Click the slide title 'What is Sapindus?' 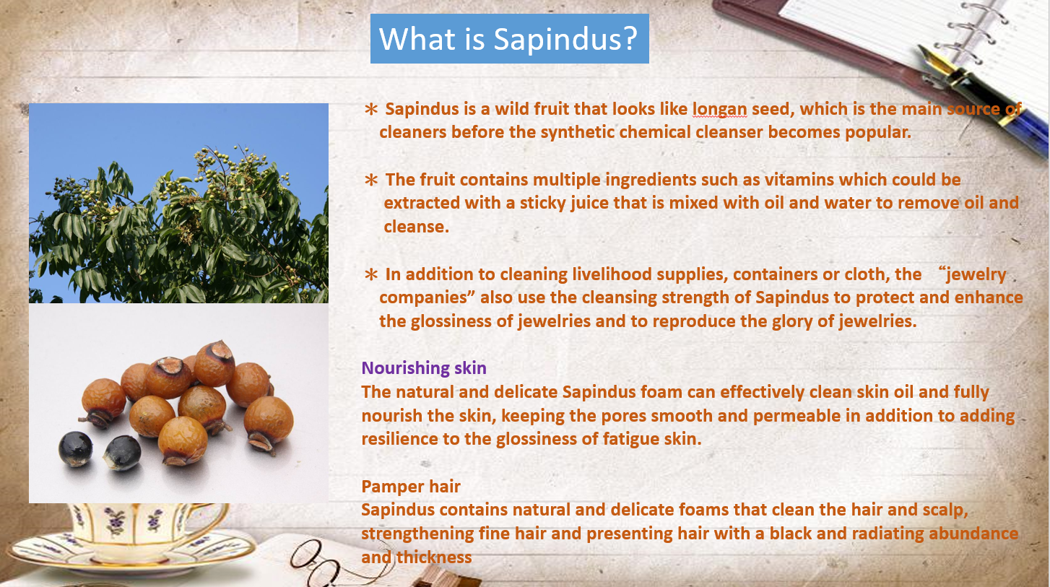(x=508, y=38)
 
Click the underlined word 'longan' (x=719, y=109)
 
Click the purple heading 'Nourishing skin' (x=424, y=368)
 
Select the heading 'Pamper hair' (x=411, y=487)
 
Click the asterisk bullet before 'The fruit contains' (x=370, y=180)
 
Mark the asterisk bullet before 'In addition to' (x=370, y=275)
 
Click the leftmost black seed (x=76, y=448)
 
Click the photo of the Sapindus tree (x=178, y=203)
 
